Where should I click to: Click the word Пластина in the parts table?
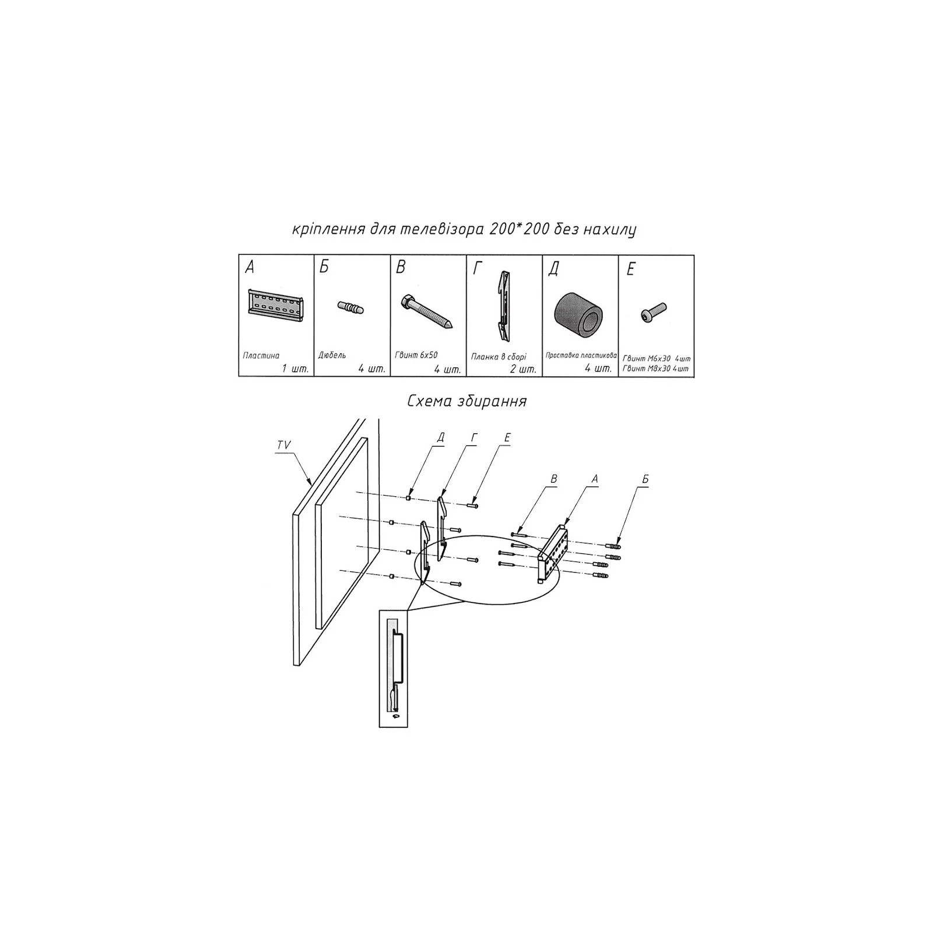coord(261,355)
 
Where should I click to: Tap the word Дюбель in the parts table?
coord(333,355)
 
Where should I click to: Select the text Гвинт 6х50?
coord(416,355)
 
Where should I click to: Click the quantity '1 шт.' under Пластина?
coord(294,369)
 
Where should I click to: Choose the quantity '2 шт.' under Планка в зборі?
coord(522,369)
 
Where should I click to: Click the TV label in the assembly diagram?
coord(284,446)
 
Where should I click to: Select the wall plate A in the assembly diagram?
coord(553,550)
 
